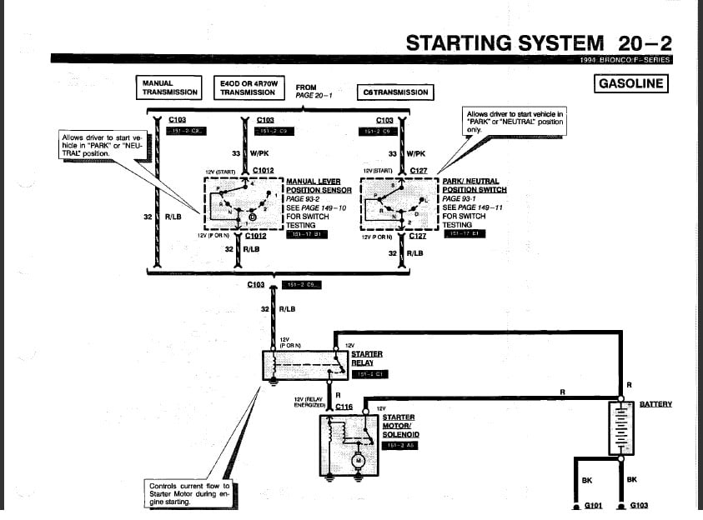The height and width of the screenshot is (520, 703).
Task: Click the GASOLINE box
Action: [x=630, y=83]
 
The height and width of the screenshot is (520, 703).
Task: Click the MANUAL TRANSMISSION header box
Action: [x=169, y=87]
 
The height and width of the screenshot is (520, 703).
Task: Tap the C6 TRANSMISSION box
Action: [x=395, y=92]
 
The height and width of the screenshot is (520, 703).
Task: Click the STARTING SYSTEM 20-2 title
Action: [x=538, y=43]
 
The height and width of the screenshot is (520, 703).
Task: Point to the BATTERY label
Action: [x=655, y=404]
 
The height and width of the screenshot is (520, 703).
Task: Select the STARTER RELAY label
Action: [x=366, y=358]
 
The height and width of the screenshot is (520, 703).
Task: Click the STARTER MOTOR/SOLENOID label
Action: [x=400, y=425]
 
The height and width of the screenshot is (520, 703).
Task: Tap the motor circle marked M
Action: [x=359, y=461]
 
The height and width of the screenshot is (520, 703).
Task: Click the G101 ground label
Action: [x=593, y=505]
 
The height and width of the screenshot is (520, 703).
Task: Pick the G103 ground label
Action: [x=640, y=505]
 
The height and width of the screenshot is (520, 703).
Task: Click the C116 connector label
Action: [x=344, y=407]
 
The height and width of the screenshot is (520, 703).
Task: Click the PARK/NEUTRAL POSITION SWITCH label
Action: [x=474, y=185]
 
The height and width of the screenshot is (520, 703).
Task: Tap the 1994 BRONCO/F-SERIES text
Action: [x=625, y=60]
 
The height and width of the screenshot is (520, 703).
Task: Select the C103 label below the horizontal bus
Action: [x=255, y=284]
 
